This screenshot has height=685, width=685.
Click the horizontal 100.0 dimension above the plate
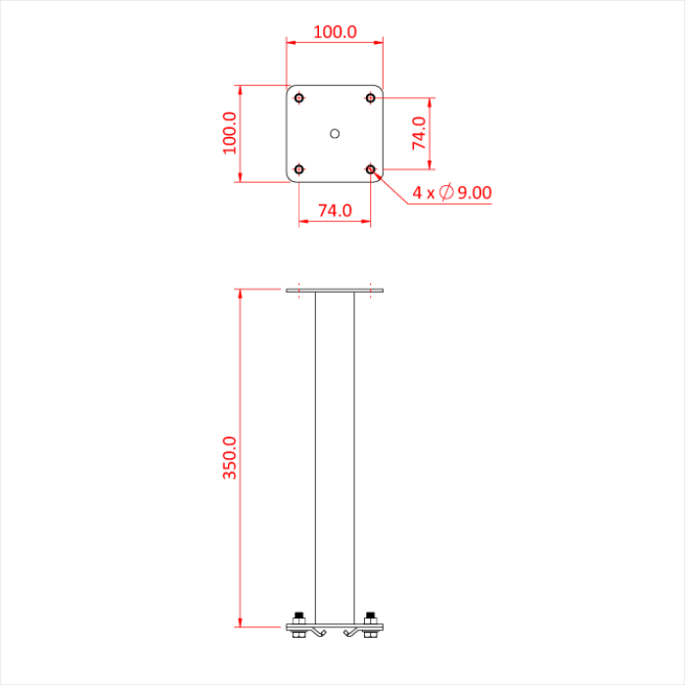335,31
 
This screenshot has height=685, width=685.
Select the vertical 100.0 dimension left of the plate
230,132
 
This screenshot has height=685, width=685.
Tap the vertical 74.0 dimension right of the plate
419,133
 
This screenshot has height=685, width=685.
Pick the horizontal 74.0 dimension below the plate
335,209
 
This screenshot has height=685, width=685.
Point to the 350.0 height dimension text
230,456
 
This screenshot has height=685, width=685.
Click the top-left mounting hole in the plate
299,97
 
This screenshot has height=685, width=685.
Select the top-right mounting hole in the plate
371,97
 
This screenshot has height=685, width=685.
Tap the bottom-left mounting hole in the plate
299,169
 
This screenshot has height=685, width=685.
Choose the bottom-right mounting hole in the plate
371,169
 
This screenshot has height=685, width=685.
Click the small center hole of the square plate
335,132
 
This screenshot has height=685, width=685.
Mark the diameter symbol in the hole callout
445,193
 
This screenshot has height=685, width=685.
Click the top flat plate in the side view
335,291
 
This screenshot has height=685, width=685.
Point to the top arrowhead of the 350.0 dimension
240,295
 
